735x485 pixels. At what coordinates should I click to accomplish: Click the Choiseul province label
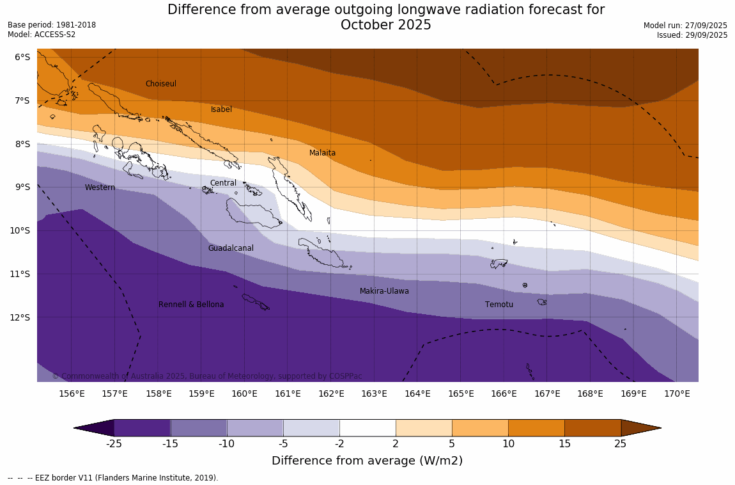pyautogui.click(x=160, y=84)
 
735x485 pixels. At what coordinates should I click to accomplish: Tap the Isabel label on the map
pyautogui.click(x=221, y=109)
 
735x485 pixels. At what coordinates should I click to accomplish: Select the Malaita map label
pyautogui.click(x=322, y=153)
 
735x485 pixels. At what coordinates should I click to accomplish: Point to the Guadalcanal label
pyautogui.click(x=231, y=248)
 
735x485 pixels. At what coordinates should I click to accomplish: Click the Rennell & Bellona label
pyautogui.click(x=191, y=305)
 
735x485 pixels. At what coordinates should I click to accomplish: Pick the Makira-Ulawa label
pyautogui.click(x=384, y=291)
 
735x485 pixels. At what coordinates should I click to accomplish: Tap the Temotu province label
pyautogui.click(x=499, y=305)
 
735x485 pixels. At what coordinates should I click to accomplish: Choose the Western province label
pyautogui.click(x=100, y=187)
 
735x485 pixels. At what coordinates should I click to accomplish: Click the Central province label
pyautogui.click(x=223, y=183)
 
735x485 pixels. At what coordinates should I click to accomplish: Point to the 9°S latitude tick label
pyautogui.click(x=22, y=187)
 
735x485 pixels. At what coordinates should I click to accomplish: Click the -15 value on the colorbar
pyautogui.click(x=170, y=443)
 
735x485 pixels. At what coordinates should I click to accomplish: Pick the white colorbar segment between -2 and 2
pyautogui.click(x=367, y=427)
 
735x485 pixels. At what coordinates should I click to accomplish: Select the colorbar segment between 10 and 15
pyautogui.click(x=536, y=427)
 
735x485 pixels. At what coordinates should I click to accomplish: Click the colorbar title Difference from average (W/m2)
pyautogui.click(x=367, y=461)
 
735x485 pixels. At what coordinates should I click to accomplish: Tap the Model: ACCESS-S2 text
pyautogui.click(x=42, y=35)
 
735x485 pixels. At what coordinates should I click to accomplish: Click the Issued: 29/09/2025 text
pyautogui.click(x=692, y=35)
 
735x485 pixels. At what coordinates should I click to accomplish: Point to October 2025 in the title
pyautogui.click(x=385, y=25)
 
